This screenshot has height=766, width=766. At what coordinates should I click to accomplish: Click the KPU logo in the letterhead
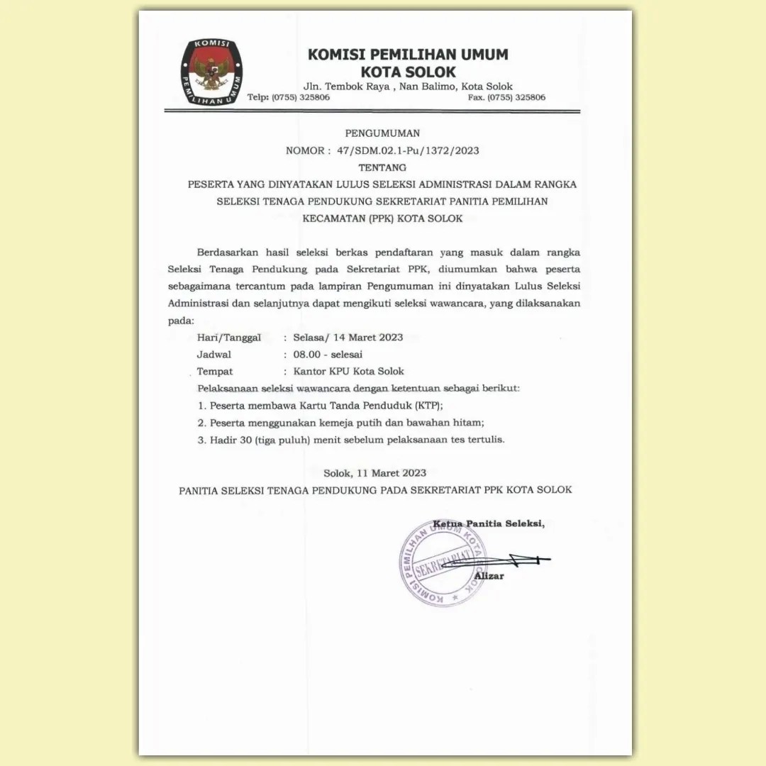coord(211,72)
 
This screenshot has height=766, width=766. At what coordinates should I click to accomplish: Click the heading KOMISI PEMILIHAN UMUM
coord(408,55)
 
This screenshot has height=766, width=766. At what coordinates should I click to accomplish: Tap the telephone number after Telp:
coord(301,97)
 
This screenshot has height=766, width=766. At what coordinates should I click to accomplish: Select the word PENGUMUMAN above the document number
coord(382,133)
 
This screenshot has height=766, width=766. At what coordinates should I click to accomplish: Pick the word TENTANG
coord(382,167)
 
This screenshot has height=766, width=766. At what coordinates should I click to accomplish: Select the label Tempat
coord(215,371)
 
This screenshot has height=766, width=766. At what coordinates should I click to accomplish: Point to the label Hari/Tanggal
coord(229,337)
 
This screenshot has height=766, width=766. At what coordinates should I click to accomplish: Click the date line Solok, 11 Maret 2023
coord(374,472)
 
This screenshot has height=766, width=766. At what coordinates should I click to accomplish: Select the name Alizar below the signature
coord(489,575)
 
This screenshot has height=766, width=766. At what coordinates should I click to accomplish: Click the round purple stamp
coord(442,562)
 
